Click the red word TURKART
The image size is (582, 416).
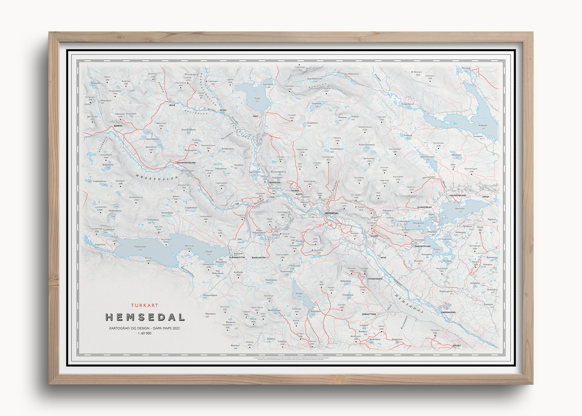coord(145,305)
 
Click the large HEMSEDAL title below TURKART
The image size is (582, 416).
coord(145,317)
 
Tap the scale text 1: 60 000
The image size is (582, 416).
coord(145,333)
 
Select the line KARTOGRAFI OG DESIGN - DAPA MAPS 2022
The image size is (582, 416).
coord(144,328)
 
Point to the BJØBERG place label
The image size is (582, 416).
coord(118,126)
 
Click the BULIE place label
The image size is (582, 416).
coord(172,105)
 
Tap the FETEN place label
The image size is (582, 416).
coord(223,110)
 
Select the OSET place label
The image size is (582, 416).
coord(256,116)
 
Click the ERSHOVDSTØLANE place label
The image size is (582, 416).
coord(186,163)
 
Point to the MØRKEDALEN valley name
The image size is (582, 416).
coord(157,177)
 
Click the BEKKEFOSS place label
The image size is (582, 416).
coord(275,182)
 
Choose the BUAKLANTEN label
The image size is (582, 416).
coord(259,257)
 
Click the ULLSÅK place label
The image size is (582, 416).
coord(374,236)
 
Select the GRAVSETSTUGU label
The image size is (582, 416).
coord(423,246)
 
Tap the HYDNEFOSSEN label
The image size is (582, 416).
coord(375,279)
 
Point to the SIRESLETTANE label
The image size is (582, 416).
coord(369,314)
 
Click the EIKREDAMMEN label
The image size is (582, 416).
coord(448,312)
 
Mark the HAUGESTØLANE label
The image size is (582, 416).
coord(457,195)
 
